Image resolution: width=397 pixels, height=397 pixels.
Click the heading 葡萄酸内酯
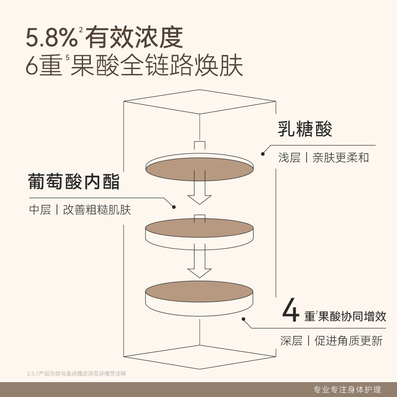pos(74,181)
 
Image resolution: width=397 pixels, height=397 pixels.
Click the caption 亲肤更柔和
pos(341,158)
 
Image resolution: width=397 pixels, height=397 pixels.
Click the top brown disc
pos(199,169)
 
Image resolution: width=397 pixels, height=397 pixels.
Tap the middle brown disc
pos(199,228)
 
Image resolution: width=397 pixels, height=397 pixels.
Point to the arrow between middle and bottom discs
pos(199,262)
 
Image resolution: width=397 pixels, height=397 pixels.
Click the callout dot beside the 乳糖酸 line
pos(263,154)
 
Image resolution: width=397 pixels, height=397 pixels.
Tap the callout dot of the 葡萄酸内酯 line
pos(174,206)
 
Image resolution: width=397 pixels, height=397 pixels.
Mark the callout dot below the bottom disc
pos(243,320)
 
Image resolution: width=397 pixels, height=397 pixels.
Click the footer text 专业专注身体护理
pos(350,388)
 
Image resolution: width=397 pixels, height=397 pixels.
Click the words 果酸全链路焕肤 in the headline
pos(157,66)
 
